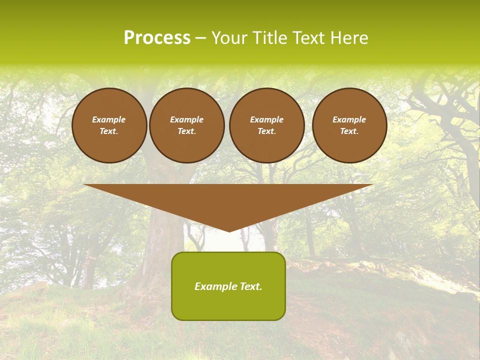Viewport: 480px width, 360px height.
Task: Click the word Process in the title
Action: tap(157, 38)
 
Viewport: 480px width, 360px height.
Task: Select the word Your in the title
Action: tap(230, 38)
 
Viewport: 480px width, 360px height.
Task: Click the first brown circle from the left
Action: tap(109, 125)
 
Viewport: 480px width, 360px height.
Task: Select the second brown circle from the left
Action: tap(187, 125)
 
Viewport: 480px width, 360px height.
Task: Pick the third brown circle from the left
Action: tap(267, 125)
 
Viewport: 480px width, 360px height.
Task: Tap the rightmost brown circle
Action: tap(349, 125)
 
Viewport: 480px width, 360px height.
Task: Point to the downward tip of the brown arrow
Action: tap(229, 231)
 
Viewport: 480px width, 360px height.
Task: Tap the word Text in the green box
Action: tap(250, 286)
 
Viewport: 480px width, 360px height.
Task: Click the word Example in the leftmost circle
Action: tap(109, 119)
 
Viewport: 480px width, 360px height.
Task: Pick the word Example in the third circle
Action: tap(266, 119)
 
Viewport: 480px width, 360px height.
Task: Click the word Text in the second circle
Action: tap(186, 131)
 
